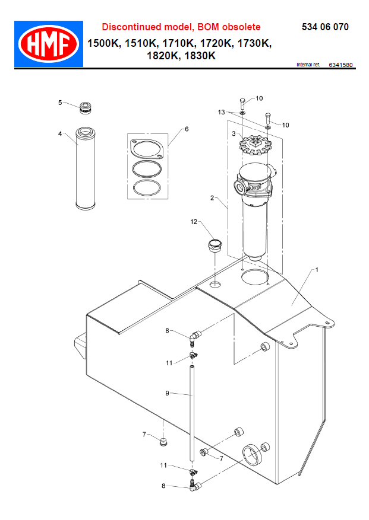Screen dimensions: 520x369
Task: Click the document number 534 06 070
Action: (325, 27)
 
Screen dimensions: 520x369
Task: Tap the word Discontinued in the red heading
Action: (128, 27)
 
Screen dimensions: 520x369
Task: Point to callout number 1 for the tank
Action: (317, 270)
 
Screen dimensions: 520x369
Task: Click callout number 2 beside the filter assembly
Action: (212, 198)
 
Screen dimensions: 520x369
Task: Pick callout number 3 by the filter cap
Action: (234, 134)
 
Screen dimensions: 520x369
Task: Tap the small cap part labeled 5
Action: (87, 108)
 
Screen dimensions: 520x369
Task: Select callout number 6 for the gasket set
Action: (186, 128)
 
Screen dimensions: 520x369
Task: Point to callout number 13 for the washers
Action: (220, 111)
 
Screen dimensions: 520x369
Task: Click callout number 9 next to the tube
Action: (167, 393)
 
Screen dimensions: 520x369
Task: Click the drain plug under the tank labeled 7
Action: (164, 441)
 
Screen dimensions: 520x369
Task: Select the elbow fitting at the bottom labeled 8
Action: (194, 486)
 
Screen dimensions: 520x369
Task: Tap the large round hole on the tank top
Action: (256, 276)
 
